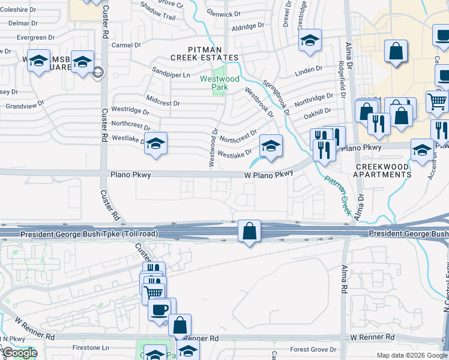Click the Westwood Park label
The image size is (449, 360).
click(220, 83)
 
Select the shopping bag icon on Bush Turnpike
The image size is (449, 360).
click(249, 231)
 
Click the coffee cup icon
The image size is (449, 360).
click(160, 309)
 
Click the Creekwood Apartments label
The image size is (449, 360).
click(383, 170)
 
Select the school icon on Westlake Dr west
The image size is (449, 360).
click(156, 144)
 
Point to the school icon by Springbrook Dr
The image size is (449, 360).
click(271, 146)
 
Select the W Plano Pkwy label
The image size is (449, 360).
click(268, 174)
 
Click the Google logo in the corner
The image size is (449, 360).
click(19, 353)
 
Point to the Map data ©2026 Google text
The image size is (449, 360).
click(412, 355)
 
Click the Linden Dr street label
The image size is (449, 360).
click(309, 72)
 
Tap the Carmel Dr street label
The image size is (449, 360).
click(126, 45)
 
